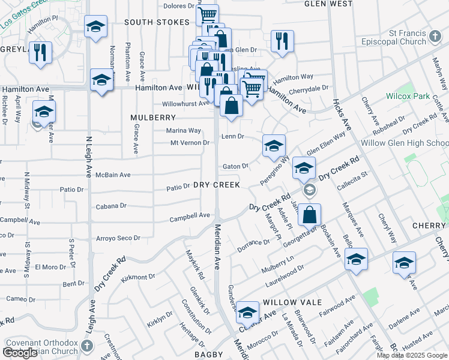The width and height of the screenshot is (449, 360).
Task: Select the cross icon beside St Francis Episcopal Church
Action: coord(436,38)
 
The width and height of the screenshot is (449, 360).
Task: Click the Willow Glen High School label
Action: coord(405,143)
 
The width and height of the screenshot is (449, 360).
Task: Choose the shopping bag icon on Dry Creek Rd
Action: coord(309,215)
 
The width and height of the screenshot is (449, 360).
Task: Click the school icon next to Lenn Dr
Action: coord(274,146)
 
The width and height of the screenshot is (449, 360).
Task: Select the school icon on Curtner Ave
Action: coord(247,313)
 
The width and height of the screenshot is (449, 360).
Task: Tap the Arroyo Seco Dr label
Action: coord(118,238)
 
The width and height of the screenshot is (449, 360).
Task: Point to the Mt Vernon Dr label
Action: coord(190,143)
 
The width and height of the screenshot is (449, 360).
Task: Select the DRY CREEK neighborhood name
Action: coord(217,185)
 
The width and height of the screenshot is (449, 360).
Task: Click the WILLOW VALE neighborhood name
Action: coord(292,302)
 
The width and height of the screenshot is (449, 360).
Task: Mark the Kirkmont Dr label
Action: coord(138,277)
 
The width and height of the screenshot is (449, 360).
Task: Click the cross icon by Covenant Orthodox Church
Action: coord(86,346)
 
